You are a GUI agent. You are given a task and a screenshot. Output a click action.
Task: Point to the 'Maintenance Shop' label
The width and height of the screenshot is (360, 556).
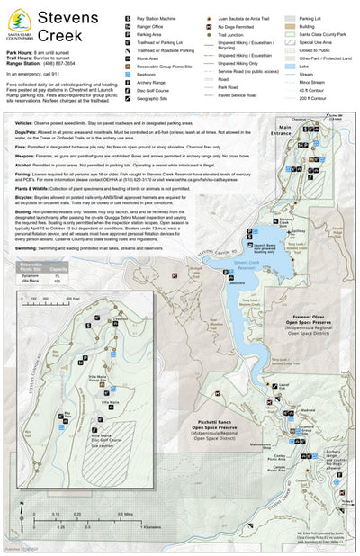(258, 444)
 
